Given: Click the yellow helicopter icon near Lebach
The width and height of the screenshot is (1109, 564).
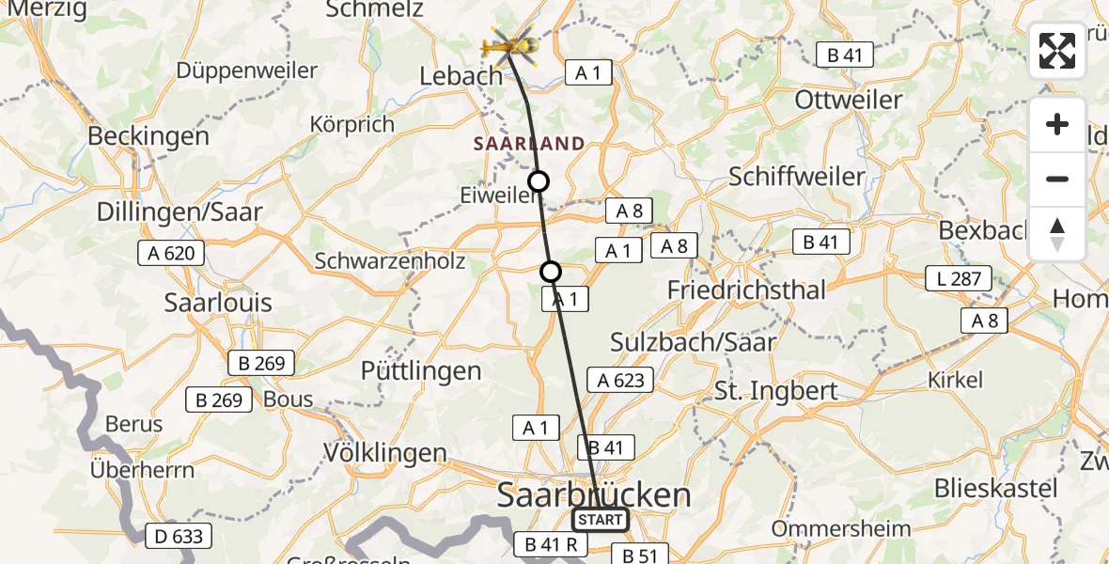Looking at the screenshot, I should point(508,45).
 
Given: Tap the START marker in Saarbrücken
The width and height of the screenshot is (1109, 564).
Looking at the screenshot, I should point(601,519).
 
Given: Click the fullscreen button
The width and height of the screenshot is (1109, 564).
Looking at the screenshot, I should point(1057,51).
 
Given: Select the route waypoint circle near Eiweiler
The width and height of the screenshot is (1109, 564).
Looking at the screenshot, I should point(539,181).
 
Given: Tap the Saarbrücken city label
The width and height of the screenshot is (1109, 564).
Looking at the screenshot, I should point(593,494).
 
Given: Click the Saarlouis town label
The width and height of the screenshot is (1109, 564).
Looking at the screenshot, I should point(218,303).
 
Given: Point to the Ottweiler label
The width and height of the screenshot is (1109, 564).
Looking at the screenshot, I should point(849,100).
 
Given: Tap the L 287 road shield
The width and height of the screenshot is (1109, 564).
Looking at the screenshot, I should point(959,278).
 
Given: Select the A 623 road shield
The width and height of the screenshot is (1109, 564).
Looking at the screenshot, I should point(621,380).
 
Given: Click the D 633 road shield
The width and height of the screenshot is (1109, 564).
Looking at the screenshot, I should point(179,537).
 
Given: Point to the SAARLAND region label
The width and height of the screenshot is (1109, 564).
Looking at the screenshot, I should point(529,144).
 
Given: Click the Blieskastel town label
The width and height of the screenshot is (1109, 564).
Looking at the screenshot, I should point(996,489).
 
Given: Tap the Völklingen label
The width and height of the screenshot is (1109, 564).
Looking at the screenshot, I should point(385,452).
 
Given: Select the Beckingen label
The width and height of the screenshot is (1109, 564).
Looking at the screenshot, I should point(148,135).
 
